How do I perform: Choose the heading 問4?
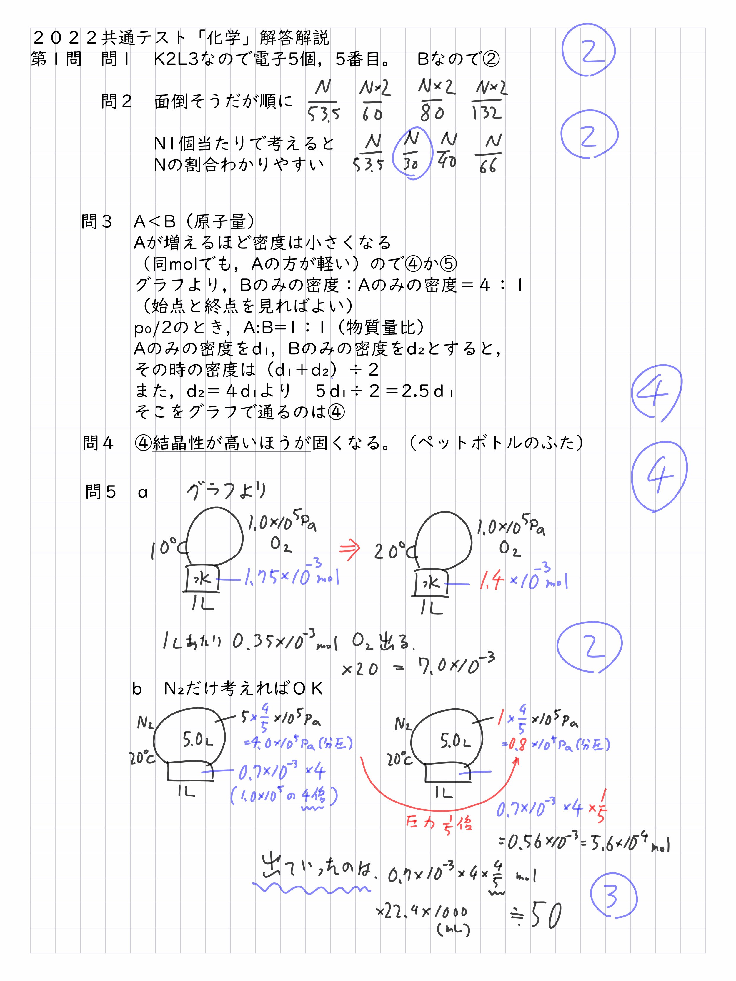pyautogui.click(x=98, y=443)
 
